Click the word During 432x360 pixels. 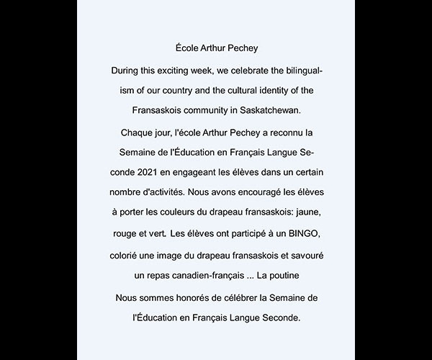click(x=127, y=71)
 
